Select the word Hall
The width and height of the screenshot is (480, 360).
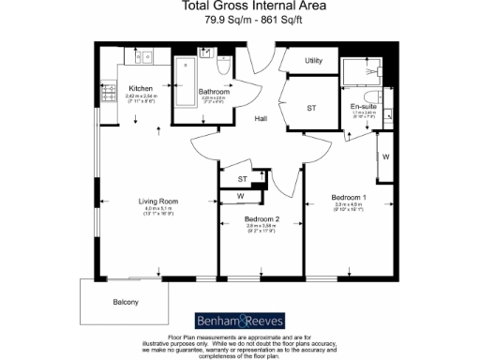261,119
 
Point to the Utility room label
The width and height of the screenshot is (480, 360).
313,61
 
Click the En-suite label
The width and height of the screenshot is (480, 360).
363,106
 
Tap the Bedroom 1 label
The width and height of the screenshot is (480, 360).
348,199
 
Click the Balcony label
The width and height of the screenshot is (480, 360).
126,301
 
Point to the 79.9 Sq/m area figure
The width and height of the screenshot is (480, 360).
207,24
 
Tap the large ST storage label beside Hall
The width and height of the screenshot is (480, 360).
312,109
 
